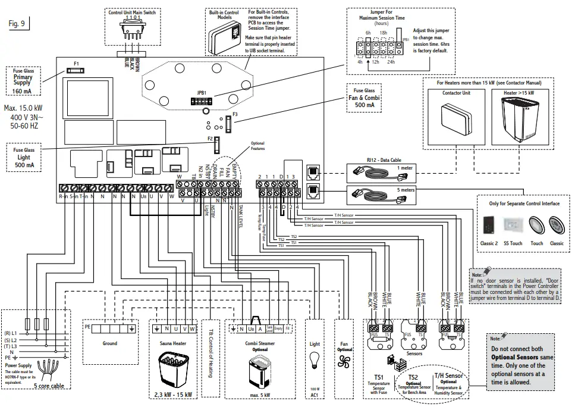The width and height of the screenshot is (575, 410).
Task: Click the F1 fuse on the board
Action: point(77,70)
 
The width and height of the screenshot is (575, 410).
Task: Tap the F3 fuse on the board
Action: point(228,123)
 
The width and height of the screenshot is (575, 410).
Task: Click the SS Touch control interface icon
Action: point(513,224)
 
